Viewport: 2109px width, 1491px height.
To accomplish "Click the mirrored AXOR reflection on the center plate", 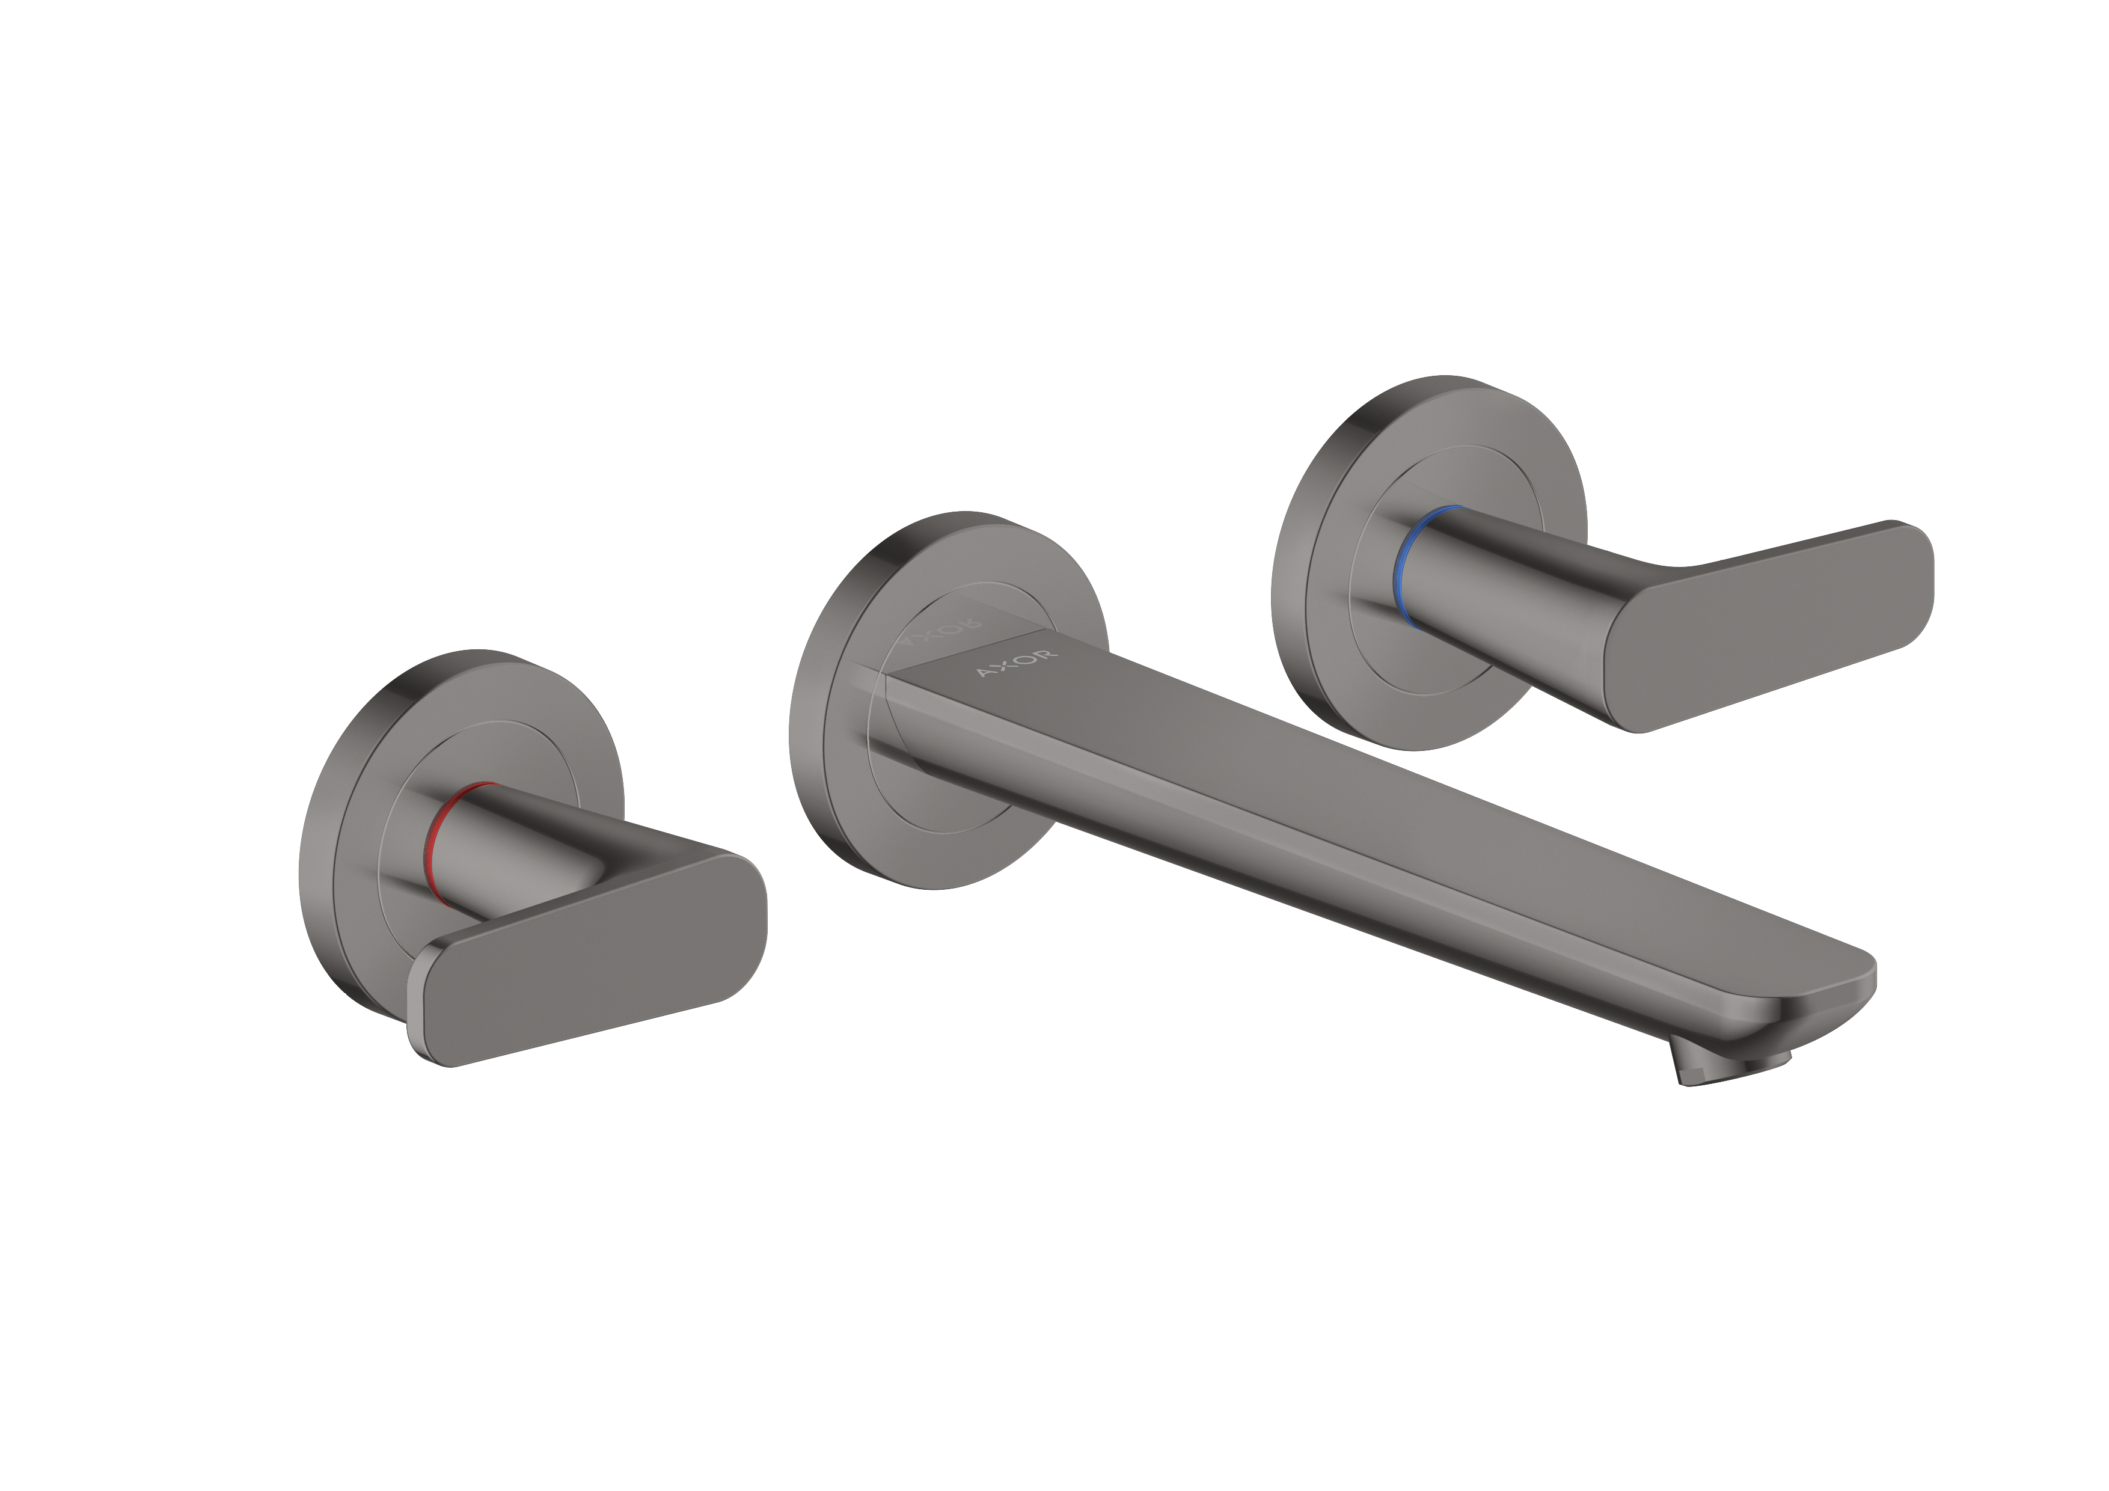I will (941, 632).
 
